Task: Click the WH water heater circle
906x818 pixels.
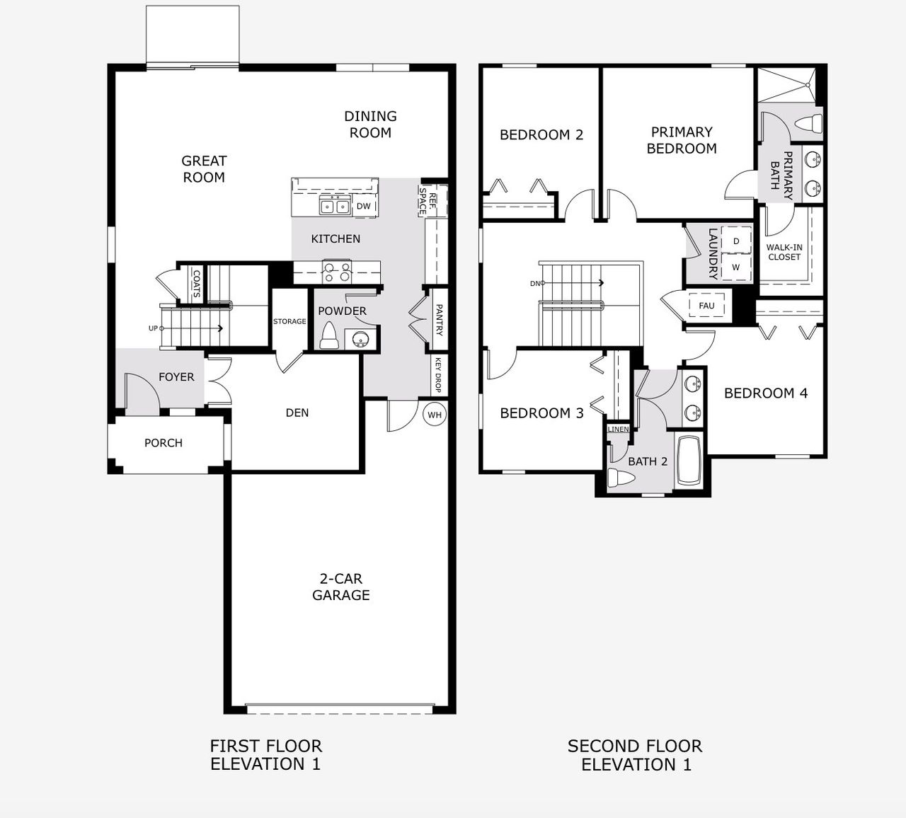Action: pyautogui.click(x=435, y=415)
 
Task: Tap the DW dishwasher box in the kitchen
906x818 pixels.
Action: pyautogui.click(x=363, y=206)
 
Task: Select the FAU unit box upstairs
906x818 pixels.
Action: pyautogui.click(x=706, y=306)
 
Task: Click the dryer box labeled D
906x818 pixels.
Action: pyautogui.click(x=736, y=241)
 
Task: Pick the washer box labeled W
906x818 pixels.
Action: pyautogui.click(x=736, y=267)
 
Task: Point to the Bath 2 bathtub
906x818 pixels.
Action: pyautogui.click(x=689, y=461)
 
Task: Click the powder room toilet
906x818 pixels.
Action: pyautogui.click(x=328, y=336)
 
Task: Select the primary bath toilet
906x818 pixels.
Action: pyautogui.click(x=808, y=123)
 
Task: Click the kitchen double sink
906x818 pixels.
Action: pyautogui.click(x=334, y=206)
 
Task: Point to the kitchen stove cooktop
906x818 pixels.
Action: pyautogui.click(x=337, y=272)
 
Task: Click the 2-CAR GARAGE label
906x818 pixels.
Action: pyautogui.click(x=341, y=587)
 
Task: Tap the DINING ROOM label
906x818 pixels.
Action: pyautogui.click(x=370, y=125)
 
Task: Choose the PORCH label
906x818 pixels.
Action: pyautogui.click(x=164, y=443)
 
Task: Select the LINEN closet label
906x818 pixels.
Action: pyautogui.click(x=618, y=430)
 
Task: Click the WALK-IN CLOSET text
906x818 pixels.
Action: pyautogui.click(x=784, y=253)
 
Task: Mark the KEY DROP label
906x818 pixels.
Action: pyautogui.click(x=438, y=375)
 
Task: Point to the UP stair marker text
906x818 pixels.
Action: pyautogui.click(x=153, y=328)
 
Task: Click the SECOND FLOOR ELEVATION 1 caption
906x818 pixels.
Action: pyautogui.click(x=635, y=755)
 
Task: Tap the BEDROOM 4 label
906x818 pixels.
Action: pyautogui.click(x=765, y=393)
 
